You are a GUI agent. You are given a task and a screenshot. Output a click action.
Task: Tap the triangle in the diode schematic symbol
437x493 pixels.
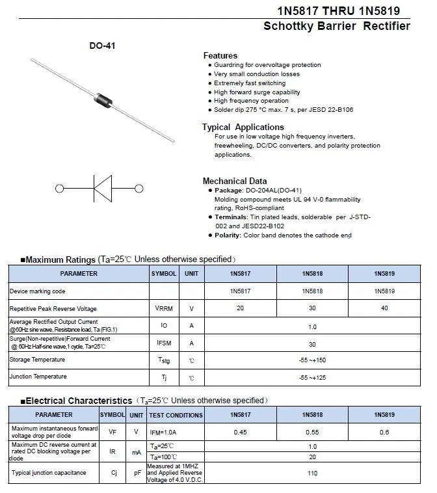pyautogui.click(x=102, y=189)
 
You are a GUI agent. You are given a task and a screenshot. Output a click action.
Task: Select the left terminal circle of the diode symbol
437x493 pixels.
pyautogui.click(x=60, y=189)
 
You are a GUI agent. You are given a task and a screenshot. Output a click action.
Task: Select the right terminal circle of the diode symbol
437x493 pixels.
pyautogui.click(x=139, y=189)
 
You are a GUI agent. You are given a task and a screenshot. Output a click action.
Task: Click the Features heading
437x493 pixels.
pyautogui.click(x=220, y=55)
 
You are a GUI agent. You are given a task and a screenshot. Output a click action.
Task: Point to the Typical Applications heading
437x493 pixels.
pyautogui.click(x=243, y=127)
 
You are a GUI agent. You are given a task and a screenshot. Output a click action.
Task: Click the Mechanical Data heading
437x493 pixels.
pyautogui.click(x=234, y=181)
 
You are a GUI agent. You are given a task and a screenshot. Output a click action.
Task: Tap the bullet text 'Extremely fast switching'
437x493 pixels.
pyautogui.click(x=250, y=83)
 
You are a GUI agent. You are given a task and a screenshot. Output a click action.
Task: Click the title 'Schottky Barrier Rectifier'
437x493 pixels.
pyautogui.click(x=336, y=26)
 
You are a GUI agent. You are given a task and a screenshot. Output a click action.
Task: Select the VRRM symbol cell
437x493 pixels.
pyautogui.click(x=164, y=308)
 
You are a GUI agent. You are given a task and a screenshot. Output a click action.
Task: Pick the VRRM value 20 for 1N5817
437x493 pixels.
pyautogui.click(x=241, y=308)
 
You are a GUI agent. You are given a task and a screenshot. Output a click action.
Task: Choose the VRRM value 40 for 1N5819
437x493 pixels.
pyautogui.click(x=384, y=308)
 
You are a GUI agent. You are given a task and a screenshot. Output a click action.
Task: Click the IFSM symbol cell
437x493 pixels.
pyautogui.click(x=164, y=343)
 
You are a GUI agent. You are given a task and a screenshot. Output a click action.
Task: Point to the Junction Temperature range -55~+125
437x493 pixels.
pyautogui.click(x=312, y=377)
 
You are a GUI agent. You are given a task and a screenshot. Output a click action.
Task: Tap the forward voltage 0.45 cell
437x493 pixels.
pyautogui.click(x=241, y=432)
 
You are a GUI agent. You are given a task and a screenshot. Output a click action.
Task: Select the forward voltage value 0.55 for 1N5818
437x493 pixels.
pyautogui.click(x=312, y=432)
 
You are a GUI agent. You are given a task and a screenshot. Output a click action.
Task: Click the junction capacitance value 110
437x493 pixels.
pyautogui.click(x=312, y=473)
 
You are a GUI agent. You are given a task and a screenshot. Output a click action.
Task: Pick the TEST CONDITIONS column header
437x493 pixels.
pyautogui.click(x=176, y=415)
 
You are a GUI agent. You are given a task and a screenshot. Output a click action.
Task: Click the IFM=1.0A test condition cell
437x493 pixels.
pyautogui.click(x=164, y=432)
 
